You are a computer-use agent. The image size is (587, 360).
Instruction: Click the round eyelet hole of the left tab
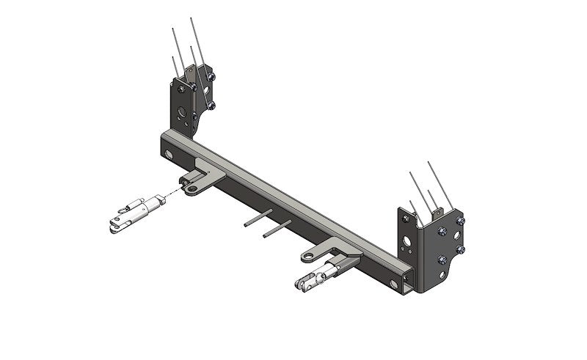192,189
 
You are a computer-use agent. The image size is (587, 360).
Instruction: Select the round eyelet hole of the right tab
307,256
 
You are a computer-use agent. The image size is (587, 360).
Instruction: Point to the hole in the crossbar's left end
169,155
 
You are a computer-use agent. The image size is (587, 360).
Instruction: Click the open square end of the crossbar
406,279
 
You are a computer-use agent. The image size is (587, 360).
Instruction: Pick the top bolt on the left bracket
211,76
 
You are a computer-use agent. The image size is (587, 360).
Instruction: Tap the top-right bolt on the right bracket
460,221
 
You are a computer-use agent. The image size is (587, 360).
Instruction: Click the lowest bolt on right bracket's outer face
442,260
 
